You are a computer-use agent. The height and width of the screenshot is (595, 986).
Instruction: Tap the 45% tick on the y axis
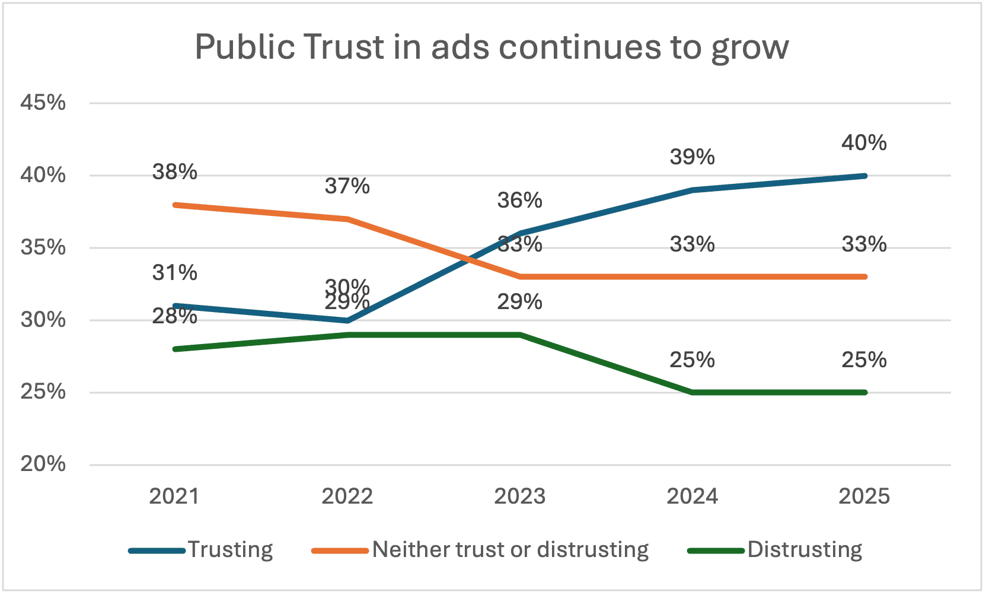click(43, 103)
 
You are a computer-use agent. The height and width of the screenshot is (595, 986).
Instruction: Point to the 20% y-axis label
click(43, 464)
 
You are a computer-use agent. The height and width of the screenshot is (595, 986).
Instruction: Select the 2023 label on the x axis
click(519, 497)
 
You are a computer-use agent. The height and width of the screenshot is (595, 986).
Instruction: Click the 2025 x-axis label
click(864, 497)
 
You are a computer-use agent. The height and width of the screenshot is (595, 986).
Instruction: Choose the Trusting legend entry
click(229, 550)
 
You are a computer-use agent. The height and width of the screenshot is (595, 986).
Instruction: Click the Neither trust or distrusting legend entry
click(509, 550)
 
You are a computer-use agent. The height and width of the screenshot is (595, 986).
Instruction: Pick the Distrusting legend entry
click(804, 550)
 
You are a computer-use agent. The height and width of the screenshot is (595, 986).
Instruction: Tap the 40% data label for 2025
click(864, 143)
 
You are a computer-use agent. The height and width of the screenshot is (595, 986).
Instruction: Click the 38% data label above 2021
click(174, 172)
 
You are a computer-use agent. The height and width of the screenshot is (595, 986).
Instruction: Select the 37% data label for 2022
click(347, 186)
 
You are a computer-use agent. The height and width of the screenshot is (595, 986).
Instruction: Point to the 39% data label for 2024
click(692, 157)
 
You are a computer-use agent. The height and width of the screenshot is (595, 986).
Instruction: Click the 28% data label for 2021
click(174, 317)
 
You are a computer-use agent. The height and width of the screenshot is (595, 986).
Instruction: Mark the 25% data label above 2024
click(692, 360)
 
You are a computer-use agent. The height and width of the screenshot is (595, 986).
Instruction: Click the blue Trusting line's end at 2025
click(864, 176)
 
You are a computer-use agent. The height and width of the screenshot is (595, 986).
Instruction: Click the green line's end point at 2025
click(864, 392)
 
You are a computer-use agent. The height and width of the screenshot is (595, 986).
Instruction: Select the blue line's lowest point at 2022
click(347, 320)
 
